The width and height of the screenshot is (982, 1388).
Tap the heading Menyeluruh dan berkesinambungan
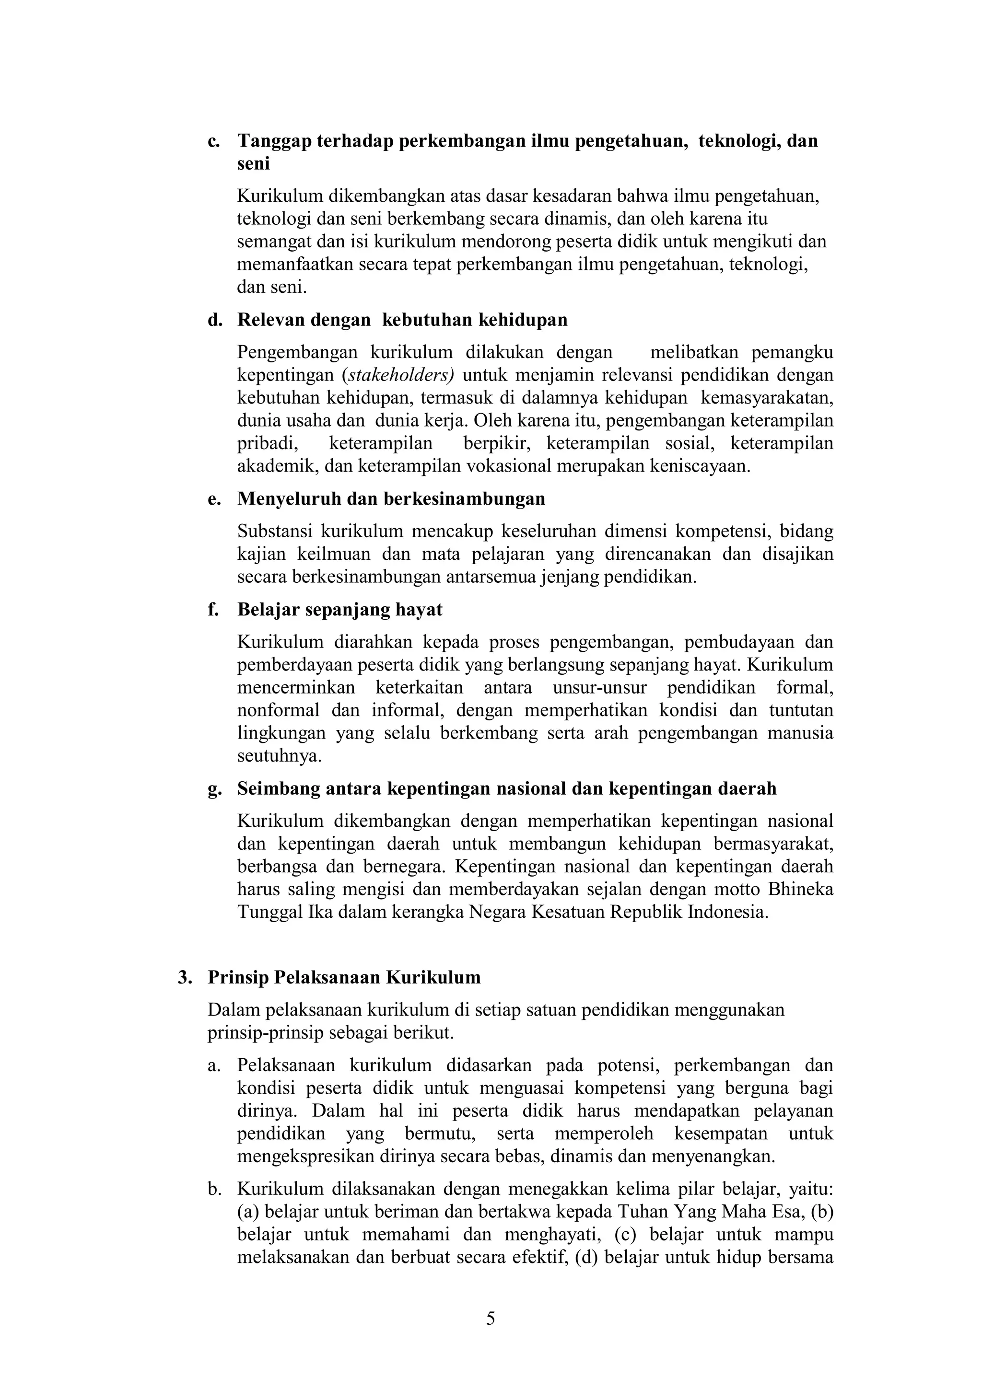391,499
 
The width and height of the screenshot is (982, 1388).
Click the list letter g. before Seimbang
213,789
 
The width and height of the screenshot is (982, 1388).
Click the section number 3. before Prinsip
185,978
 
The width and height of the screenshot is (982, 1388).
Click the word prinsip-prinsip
265,1032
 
